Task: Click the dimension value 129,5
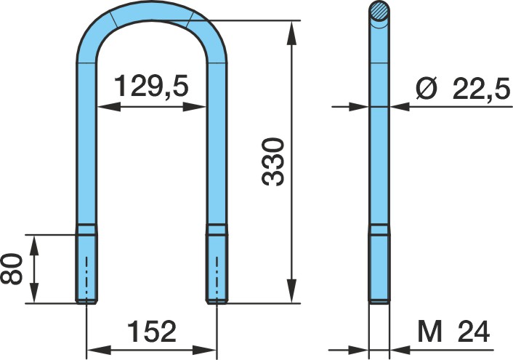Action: pyautogui.click(x=152, y=87)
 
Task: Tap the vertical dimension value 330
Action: pyautogui.click(x=273, y=162)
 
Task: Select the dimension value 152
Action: pyautogui.click(x=152, y=331)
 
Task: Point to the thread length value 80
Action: pyautogui.click(x=12, y=268)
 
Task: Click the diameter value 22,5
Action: pyautogui.click(x=481, y=88)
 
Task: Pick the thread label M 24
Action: pyautogui.click(x=453, y=332)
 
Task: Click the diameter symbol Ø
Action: pyautogui.click(x=427, y=88)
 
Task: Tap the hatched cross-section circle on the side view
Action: pyautogui.click(x=379, y=12)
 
